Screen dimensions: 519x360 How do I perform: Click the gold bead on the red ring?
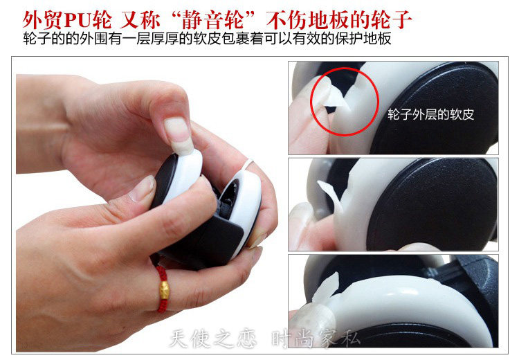point(165,290)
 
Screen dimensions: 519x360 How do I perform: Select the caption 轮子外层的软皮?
point(430,115)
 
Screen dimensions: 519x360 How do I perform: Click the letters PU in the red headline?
point(78,21)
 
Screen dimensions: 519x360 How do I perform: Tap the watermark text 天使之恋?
point(213,339)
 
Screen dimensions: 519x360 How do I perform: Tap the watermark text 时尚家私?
point(316,339)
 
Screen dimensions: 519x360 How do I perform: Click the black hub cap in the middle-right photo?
point(430,206)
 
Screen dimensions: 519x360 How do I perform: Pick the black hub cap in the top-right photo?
point(437,109)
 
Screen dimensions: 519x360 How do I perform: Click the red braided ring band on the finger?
point(163,289)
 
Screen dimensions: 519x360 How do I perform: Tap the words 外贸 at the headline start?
point(43,21)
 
